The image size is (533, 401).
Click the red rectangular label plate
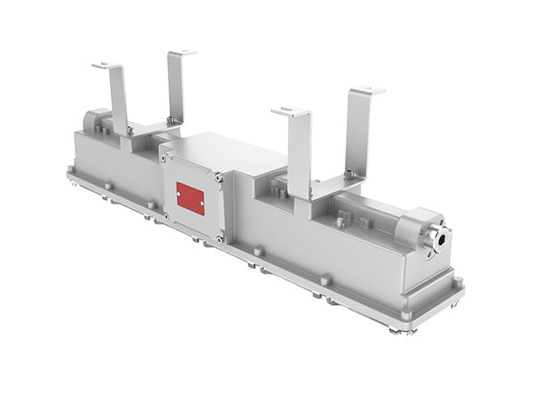tap(190, 198)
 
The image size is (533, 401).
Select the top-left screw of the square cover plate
tap(163, 157)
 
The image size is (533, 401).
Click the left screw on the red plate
tap(180, 193)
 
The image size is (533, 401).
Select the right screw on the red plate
tap(202, 205)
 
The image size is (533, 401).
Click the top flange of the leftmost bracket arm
tap(106, 66)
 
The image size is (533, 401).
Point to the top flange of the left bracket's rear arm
tap(181, 53)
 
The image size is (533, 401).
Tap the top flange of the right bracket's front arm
tap(290, 111)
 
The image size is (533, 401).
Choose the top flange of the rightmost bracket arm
tap(367, 90)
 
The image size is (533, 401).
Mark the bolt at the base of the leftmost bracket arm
tap(130, 131)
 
